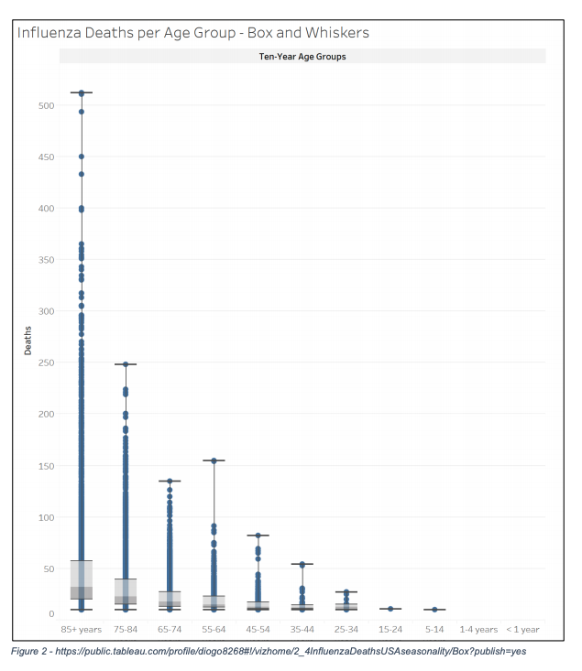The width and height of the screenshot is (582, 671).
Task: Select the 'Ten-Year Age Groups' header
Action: coord(302,57)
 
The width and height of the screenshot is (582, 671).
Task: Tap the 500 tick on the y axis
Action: coord(46,105)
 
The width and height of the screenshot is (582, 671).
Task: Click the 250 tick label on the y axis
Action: coord(46,363)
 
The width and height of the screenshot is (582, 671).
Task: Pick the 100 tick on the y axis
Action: coord(46,518)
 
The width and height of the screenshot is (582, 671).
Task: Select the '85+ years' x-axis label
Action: coord(82,630)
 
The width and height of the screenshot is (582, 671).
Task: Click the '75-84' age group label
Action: coord(126,630)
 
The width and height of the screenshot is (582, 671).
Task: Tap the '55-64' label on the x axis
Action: coord(214,630)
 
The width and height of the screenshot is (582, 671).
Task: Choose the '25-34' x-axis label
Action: coord(346,630)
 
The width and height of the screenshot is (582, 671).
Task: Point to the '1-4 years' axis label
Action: coord(478,630)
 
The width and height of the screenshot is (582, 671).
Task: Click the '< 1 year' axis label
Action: coord(522,630)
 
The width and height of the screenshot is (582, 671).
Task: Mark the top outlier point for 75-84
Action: coord(126,364)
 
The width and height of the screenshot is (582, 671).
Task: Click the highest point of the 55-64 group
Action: coord(214,460)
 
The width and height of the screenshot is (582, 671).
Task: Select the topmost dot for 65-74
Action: coord(170,481)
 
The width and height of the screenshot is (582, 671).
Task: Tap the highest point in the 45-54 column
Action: coord(258,536)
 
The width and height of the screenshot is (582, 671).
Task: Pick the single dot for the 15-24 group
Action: coord(390,609)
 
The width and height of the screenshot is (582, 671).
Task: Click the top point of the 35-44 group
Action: coord(302,564)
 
